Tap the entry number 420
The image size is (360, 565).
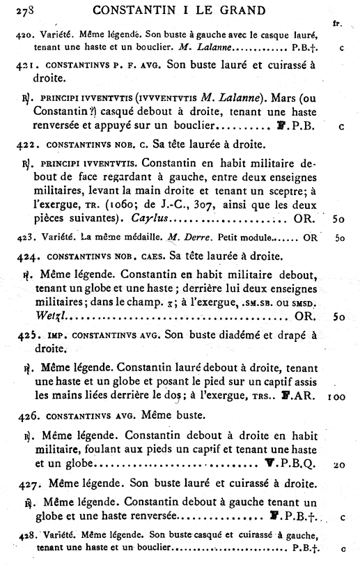pos(24,36)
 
